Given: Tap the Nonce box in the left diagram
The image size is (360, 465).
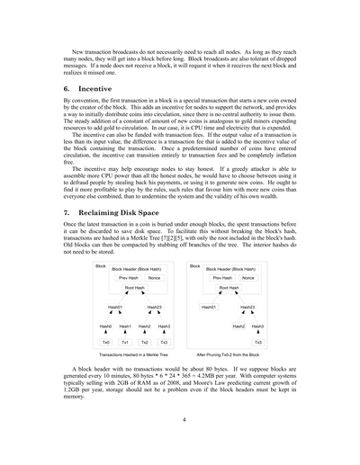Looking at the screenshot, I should (x=155, y=278).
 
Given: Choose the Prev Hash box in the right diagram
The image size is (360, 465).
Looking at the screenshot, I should (x=222, y=278).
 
